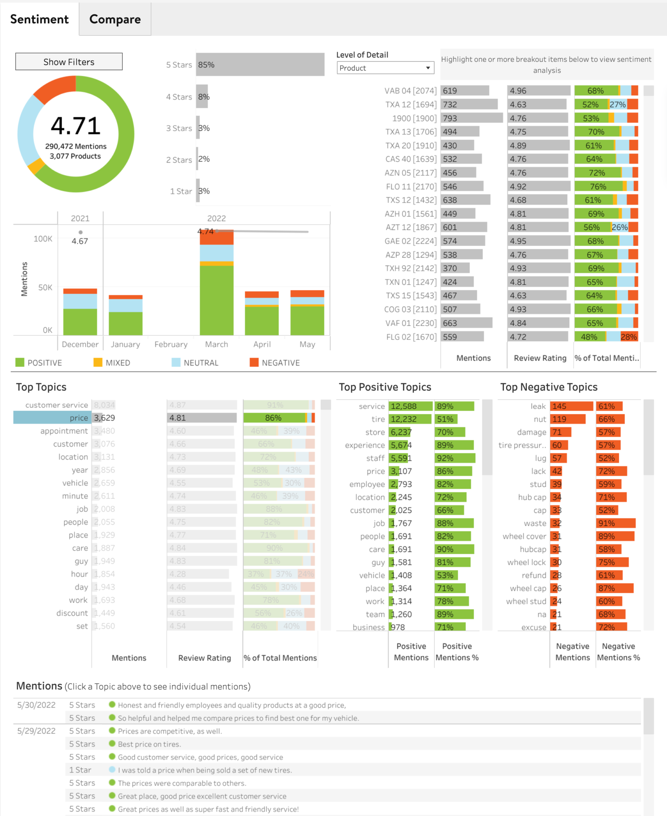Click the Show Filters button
(69, 62)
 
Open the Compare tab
(115, 19)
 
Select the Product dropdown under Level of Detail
(385, 68)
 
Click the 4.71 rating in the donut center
(75, 126)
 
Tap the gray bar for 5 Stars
(260, 65)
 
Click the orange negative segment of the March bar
(216, 238)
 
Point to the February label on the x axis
(171, 344)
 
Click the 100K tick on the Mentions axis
(43, 239)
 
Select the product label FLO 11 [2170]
(411, 186)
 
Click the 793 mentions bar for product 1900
(472, 118)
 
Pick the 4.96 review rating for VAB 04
(538, 91)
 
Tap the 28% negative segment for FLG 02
(629, 337)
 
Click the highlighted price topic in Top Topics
(52, 418)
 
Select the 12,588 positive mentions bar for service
(410, 406)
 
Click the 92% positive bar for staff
(455, 458)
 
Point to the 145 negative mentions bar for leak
(571, 406)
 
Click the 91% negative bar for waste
(616, 523)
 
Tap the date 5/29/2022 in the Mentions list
(36, 731)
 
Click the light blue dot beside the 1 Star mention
(112, 770)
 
